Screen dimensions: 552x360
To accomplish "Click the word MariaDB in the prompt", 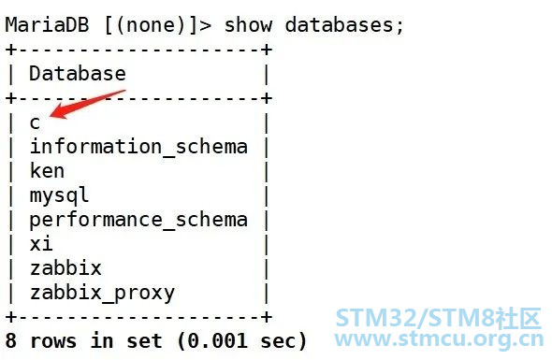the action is pyautogui.click(x=47, y=25).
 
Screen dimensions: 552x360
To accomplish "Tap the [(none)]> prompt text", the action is pyautogui.click(x=158, y=25).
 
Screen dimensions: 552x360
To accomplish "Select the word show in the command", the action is pyautogui.click(x=248, y=25).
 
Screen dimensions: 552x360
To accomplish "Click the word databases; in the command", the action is pyautogui.click(x=344, y=25).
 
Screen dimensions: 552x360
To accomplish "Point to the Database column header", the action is pyautogui.click(x=78, y=74).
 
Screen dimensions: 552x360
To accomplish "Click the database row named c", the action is pyautogui.click(x=35, y=122).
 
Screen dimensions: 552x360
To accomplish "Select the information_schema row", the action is pyautogui.click(x=138, y=147).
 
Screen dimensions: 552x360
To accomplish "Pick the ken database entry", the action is pyautogui.click(x=47, y=171).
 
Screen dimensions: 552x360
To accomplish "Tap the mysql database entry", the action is pyautogui.click(x=59, y=195).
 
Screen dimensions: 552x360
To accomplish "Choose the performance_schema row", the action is pyautogui.click(x=138, y=221).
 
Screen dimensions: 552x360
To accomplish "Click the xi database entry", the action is pyautogui.click(x=41, y=243).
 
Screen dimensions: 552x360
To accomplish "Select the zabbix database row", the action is pyautogui.click(x=65, y=267).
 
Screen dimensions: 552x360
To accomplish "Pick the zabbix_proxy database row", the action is pyautogui.click(x=102, y=293).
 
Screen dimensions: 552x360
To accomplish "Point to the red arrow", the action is pyautogui.click(x=87, y=104).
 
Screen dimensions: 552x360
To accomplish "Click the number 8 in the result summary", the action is pyautogui.click(x=11, y=341).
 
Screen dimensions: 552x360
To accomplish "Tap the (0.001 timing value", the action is pyautogui.click(x=212, y=341).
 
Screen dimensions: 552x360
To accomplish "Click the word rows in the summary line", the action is pyautogui.click(x=52, y=341).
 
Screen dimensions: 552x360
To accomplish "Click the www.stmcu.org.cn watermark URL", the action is pyautogui.click(x=440, y=338).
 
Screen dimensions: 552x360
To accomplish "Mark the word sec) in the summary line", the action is pyautogui.click(x=283, y=341).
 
